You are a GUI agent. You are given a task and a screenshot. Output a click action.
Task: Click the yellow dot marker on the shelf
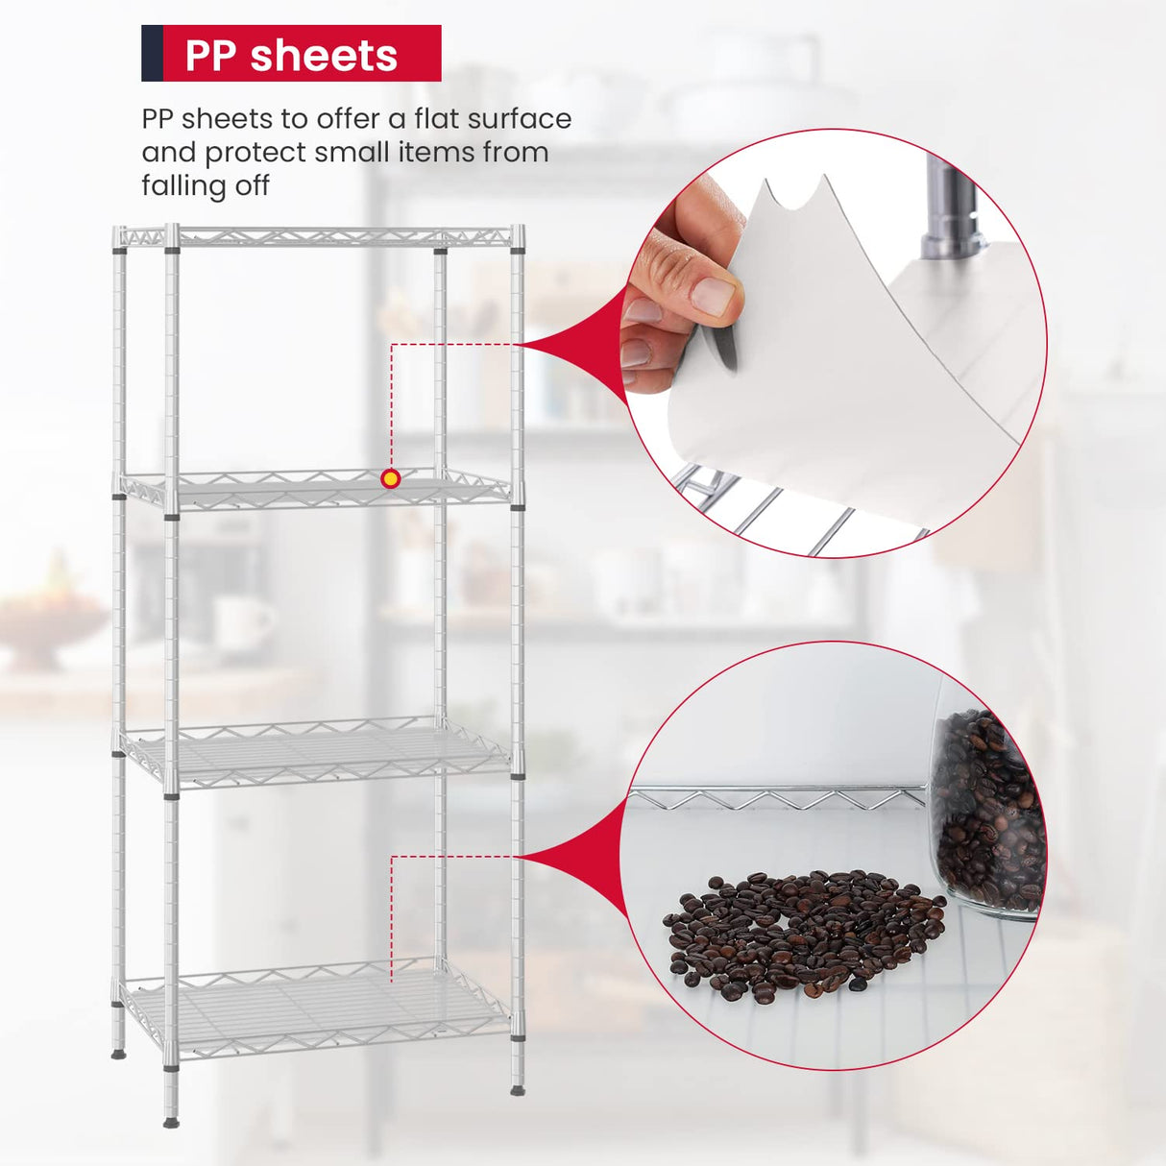[391, 478]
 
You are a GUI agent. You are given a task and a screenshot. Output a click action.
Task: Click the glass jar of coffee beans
[984, 816]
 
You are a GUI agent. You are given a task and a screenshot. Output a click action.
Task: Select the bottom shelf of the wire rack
[317, 1008]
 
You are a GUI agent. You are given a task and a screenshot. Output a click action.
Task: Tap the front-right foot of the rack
[518, 1088]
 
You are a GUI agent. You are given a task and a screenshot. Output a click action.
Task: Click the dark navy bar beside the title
[152, 54]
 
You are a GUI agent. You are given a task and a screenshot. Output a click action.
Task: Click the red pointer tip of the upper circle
[526, 344]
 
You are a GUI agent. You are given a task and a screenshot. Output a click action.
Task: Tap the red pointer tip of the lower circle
[526, 857]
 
